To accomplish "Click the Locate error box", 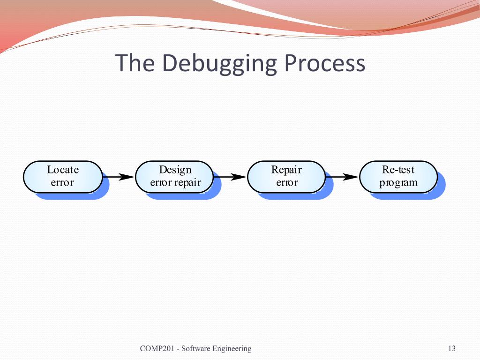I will pyautogui.click(x=63, y=177).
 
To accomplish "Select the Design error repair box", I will pyautogui.click(x=175, y=177).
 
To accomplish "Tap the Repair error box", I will pyautogui.click(x=286, y=177).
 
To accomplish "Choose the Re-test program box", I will pyautogui.click(x=398, y=177).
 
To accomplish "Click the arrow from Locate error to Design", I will pyautogui.click(x=119, y=177).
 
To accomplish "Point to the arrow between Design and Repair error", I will pyautogui.click(x=230, y=177).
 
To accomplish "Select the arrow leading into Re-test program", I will pyautogui.click(x=342, y=177).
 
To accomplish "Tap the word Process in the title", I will pyautogui.click(x=323, y=63).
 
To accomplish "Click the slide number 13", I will pyautogui.click(x=452, y=348).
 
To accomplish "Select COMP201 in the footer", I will pyautogui.click(x=157, y=348).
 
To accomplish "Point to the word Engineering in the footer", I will pyautogui.click(x=232, y=349).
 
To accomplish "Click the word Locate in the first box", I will pyautogui.click(x=63, y=170).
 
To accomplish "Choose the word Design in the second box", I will pyautogui.click(x=175, y=170).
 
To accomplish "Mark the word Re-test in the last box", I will pyautogui.click(x=398, y=170).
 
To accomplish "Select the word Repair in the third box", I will pyautogui.click(x=286, y=170).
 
